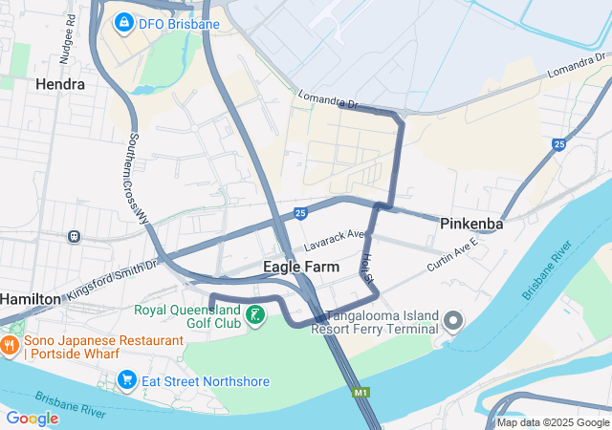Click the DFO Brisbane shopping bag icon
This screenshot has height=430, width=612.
tap(123, 21)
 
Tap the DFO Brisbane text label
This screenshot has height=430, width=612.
tap(172, 22)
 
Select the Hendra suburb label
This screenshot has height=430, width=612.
tap(59, 84)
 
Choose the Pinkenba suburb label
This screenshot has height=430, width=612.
tap(471, 224)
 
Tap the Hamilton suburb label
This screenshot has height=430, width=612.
tap(29, 298)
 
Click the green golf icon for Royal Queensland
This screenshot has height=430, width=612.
tap(255, 315)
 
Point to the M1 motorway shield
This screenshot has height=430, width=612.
tap(361, 392)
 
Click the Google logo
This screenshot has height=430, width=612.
tap(32, 418)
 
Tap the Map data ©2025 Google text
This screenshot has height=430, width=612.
tap(552, 422)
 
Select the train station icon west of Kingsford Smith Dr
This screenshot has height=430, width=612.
tap(74, 236)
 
